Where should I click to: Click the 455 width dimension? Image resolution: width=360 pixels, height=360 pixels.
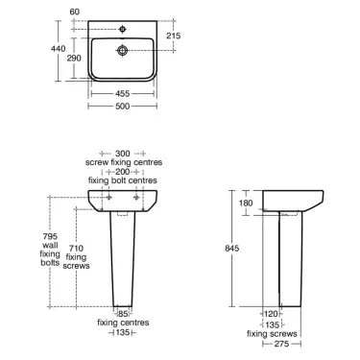(123, 95)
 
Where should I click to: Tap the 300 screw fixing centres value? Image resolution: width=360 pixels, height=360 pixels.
(123, 153)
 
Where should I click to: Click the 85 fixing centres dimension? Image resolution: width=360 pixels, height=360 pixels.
(123, 312)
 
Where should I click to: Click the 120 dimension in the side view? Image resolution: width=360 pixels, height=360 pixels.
(272, 313)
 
